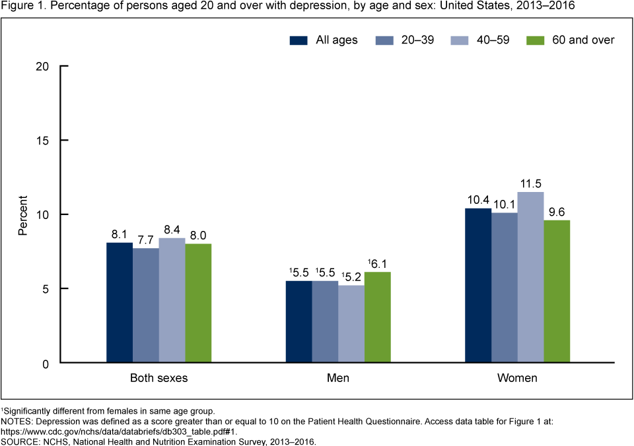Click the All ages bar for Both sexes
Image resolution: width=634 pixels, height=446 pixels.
120,303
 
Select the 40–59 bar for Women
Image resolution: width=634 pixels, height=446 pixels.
530,277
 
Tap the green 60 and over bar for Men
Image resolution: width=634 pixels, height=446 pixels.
377,317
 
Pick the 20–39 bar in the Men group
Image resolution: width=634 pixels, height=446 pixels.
325,322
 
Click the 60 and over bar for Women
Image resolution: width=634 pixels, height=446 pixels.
557,291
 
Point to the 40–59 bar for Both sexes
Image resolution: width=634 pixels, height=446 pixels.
172,300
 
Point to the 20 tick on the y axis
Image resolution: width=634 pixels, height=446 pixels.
44,67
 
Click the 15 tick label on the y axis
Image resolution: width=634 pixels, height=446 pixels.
44,141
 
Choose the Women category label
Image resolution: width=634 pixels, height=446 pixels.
518,379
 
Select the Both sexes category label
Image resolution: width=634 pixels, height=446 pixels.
158,379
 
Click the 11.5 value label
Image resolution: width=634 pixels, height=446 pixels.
530,183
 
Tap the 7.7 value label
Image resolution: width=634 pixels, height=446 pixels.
145,239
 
